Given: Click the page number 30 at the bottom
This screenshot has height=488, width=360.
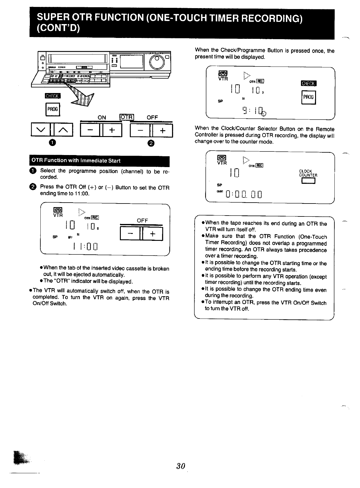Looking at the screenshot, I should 180,466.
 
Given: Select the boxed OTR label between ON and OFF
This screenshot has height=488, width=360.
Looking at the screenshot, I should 127,117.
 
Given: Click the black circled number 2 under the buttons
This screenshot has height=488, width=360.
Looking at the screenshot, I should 151,143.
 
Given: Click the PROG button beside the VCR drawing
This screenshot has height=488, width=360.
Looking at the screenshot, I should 53,109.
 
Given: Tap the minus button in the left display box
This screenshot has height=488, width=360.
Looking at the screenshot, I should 130,234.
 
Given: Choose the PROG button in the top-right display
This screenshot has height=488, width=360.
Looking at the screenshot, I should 308,97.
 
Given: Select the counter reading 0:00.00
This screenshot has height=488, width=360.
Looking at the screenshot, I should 244,195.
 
